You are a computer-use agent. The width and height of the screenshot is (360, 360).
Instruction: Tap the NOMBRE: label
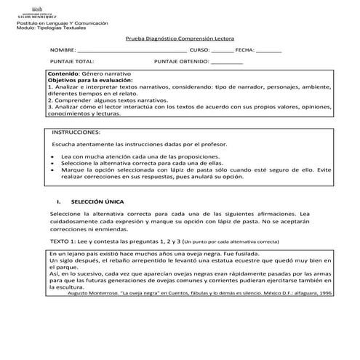(x=63, y=50)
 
